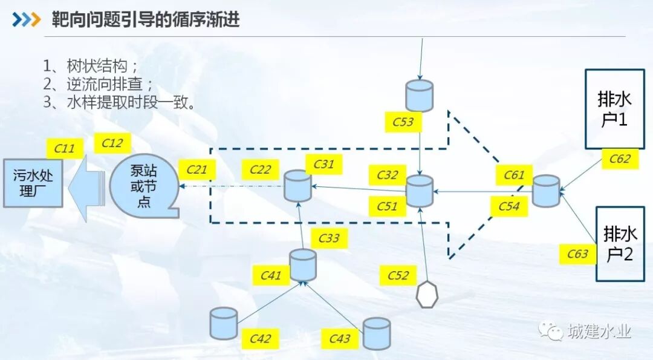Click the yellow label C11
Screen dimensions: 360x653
[x=65, y=148]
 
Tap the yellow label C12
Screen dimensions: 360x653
[x=112, y=143]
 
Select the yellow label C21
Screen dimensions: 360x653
[x=197, y=169]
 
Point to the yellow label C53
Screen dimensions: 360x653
[x=403, y=122]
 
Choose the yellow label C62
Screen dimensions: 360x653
[x=620, y=159]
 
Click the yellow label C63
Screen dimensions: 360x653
[x=577, y=254]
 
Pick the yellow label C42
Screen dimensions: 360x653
[x=261, y=338]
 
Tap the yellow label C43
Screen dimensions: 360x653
[x=340, y=338]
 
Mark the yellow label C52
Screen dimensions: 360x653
[x=398, y=275]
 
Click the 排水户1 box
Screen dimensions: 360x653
[x=614, y=109]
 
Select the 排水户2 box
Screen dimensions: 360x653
[x=620, y=244]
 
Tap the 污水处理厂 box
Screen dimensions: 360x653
[x=33, y=183]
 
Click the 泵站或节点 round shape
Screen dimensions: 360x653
[x=144, y=185]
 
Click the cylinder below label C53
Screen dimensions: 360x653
[x=420, y=95]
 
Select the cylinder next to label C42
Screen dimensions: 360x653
[x=224, y=323]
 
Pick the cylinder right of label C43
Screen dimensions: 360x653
[x=377, y=333]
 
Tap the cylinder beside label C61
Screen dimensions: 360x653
[x=546, y=191]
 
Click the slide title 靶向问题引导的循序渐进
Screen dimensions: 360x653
[x=145, y=19]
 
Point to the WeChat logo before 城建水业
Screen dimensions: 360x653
[x=551, y=330]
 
